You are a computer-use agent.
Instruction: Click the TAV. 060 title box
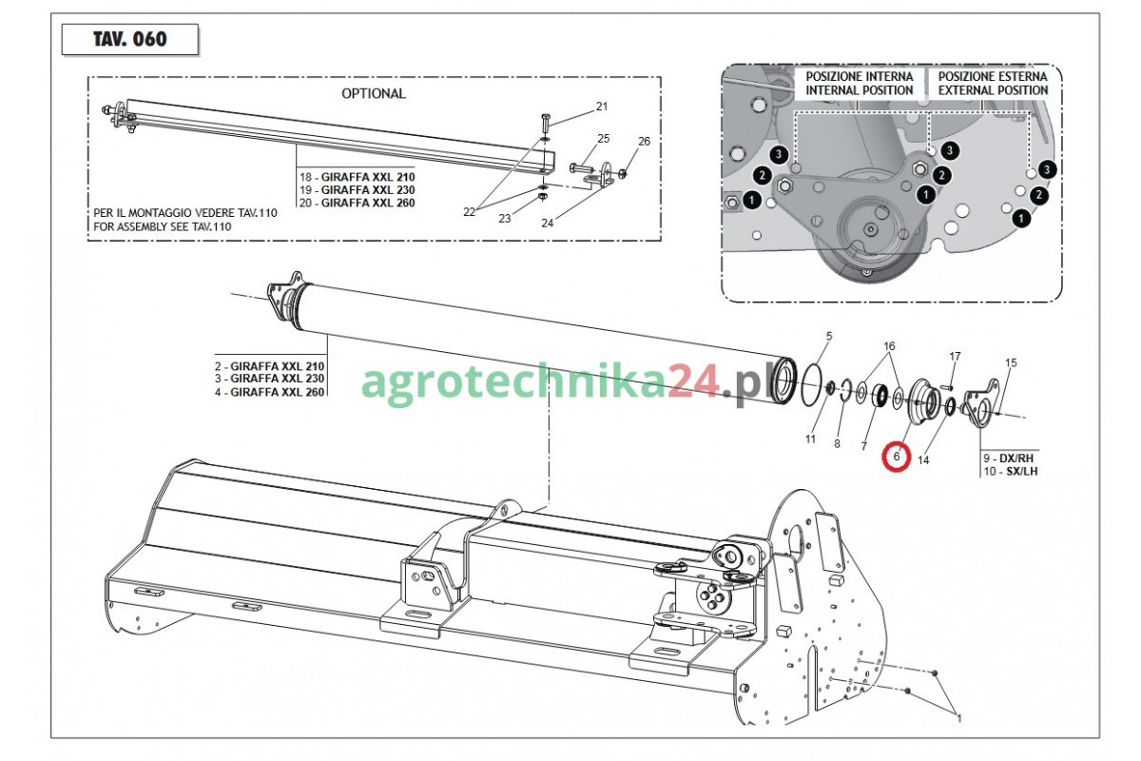(130, 39)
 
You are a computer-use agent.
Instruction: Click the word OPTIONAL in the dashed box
(374, 94)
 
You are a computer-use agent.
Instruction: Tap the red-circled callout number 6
(897, 457)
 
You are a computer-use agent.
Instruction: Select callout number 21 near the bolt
(602, 107)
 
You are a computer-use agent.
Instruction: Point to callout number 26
(645, 141)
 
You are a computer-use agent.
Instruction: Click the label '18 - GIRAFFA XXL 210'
(358, 177)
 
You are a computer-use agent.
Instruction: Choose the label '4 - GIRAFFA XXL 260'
(269, 392)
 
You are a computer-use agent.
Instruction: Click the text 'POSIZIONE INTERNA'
(860, 76)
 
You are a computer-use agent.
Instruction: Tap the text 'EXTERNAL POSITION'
(994, 90)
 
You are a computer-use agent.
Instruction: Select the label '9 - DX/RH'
(1008, 459)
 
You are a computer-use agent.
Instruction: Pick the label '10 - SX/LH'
(1010, 471)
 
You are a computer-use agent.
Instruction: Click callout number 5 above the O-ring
(829, 337)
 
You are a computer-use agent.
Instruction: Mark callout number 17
(955, 357)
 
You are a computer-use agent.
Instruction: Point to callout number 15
(1011, 362)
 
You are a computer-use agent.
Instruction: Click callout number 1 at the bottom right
(959, 719)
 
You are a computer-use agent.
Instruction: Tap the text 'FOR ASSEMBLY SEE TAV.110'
(162, 226)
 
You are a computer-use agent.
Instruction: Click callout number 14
(923, 460)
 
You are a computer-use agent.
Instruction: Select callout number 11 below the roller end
(810, 439)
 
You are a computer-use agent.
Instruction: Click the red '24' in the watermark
(694, 382)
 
